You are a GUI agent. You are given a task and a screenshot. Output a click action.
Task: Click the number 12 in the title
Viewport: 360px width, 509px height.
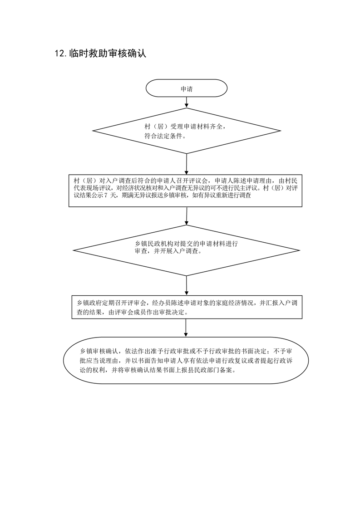(x=60, y=54)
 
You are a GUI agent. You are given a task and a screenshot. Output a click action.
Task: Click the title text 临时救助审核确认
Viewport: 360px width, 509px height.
(x=108, y=53)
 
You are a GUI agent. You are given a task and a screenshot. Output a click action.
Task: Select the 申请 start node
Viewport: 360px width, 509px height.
(x=187, y=88)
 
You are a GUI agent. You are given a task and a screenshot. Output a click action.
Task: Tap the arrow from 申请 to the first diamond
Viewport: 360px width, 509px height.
(x=187, y=102)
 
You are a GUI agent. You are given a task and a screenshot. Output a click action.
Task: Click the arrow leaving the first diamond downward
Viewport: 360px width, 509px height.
(x=187, y=164)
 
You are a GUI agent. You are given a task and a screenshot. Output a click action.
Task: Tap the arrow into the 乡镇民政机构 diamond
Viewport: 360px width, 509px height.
(x=187, y=216)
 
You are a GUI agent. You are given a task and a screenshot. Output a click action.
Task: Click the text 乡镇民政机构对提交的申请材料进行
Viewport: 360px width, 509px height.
(x=186, y=244)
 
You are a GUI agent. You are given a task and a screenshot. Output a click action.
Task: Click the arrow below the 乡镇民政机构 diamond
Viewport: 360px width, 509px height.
(x=187, y=286)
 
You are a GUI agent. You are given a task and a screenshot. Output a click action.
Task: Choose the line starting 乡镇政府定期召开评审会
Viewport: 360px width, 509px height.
(x=187, y=303)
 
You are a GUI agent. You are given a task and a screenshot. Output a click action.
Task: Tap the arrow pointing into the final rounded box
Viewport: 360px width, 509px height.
(x=186, y=328)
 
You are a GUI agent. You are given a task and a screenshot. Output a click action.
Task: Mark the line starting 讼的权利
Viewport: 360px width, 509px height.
(x=157, y=370)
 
